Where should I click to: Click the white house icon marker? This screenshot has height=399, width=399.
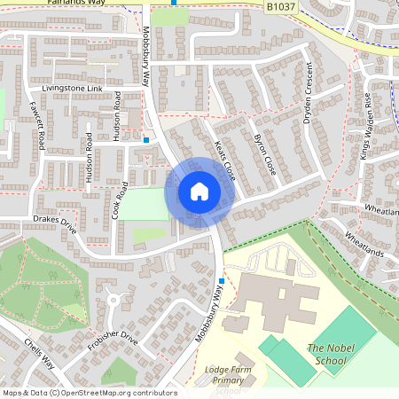point(199,191)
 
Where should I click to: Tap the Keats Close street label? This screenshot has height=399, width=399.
point(224,160)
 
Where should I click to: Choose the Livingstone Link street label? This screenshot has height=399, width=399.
point(73,90)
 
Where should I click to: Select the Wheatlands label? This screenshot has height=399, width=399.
point(364,246)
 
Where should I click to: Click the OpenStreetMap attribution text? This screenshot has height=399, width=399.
point(89,393)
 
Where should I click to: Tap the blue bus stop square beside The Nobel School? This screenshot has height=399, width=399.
point(221,281)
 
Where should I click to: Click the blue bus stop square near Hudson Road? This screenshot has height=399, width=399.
point(145,139)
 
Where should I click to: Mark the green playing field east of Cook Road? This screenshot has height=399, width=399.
point(142,205)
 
